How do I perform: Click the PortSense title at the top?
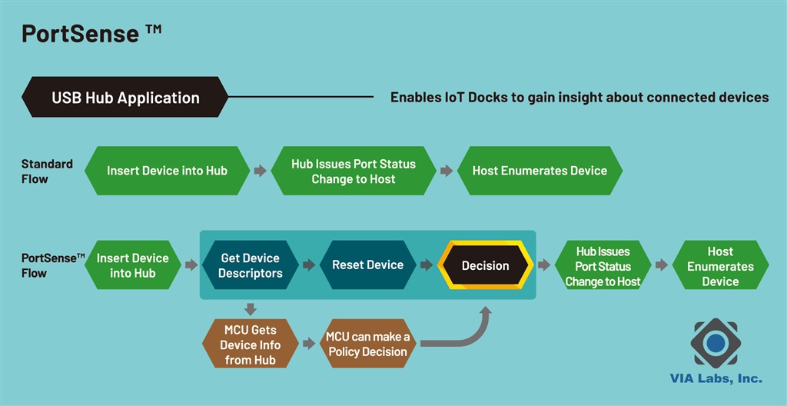[91, 34]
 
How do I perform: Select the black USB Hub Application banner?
[125, 98]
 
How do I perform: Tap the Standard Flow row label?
[46, 171]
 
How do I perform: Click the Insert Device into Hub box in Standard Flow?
[167, 171]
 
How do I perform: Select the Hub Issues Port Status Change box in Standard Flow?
[353, 171]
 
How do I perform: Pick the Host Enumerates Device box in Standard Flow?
[540, 171]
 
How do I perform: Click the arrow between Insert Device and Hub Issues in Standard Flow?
[261, 171]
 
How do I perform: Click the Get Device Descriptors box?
[250, 265]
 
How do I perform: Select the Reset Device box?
[367, 265]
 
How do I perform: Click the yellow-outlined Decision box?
[485, 265]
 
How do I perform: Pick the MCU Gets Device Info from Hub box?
[250, 344]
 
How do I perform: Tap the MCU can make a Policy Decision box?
[367, 344]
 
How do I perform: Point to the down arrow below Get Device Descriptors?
[250, 309]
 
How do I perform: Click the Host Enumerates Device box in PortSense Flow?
[720, 266]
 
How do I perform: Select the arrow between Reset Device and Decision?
[427, 265]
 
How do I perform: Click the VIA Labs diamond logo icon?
[716, 343]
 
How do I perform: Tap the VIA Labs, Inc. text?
[716, 378]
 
